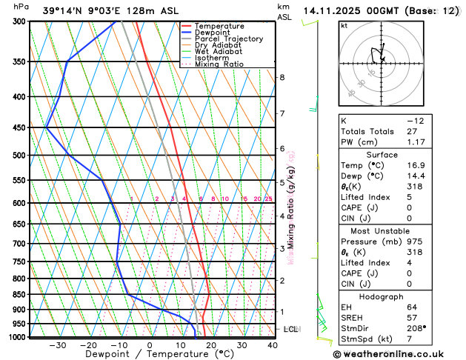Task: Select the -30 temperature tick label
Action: click(57, 345)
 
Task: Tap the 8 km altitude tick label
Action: click(282, 77)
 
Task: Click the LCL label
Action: click(291, 329)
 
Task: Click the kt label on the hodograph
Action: click(344, 25)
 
